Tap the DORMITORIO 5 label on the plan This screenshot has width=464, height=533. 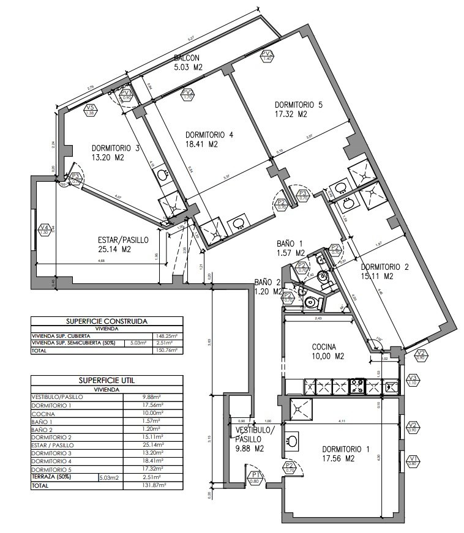tap(298, 105)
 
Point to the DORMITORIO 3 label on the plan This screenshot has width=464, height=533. tap(116, 148)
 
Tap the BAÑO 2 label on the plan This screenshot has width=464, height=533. tap(268, 282)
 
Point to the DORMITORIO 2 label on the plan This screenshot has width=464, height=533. tap(384, 267)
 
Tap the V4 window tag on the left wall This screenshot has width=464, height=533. tap(44, 230)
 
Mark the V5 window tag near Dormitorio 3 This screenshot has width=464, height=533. tap(90, 111)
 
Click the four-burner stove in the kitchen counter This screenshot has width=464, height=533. tap(357, 386)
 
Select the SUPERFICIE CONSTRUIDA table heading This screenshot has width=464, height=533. tap(106, 321)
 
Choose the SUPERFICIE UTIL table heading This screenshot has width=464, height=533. tap(106, 380)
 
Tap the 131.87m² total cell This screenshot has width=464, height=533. tap(153, 485)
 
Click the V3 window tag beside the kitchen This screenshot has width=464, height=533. tap(412, 379)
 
